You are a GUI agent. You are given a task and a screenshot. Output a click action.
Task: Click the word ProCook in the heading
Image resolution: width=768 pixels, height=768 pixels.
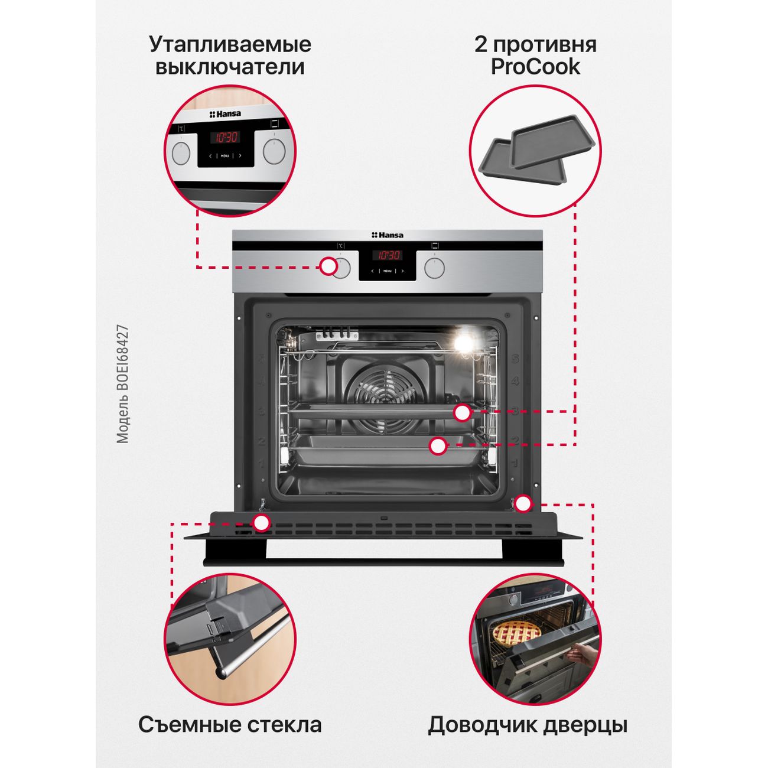535,67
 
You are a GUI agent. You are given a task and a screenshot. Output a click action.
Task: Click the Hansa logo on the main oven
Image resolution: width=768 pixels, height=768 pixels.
387,235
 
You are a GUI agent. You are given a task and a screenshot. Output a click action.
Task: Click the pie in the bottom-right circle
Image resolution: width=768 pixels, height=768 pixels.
517,632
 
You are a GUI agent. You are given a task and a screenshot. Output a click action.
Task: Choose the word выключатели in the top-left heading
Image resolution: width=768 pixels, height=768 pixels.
230,67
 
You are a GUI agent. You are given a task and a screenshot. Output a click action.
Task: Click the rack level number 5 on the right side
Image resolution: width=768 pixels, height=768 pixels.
515,359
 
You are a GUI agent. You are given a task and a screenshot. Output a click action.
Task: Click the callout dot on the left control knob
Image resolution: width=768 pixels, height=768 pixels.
329,266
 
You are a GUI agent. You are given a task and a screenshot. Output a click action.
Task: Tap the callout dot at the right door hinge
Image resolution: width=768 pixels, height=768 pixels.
523,504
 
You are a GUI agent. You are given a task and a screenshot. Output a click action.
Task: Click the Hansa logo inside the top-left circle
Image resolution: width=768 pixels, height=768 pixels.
225,114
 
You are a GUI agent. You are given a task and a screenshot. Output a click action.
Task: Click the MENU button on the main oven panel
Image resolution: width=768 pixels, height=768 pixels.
388,271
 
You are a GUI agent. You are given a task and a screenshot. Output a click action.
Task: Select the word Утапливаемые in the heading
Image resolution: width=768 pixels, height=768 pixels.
230,45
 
